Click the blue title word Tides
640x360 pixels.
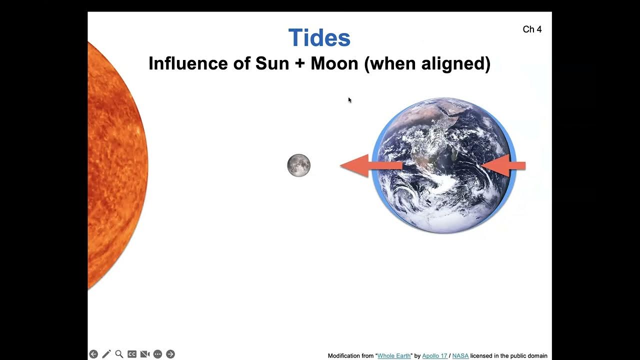(x=319, y=38)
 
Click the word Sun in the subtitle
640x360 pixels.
(x=272, y=64)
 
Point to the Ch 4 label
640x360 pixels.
(x=532, y=29)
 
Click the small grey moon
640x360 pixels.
(x=298, y=165)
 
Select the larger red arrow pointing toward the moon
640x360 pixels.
(x=370, y=165)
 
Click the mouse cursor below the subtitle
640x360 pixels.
(x=350, y=100)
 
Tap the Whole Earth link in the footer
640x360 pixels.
(x=393, y=355)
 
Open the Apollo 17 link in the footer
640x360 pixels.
(x=434, y=355)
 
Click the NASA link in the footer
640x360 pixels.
(x=460, y=355)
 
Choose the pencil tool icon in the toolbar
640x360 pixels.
(x=106, y=354)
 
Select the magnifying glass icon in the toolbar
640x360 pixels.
(x=119, y=354)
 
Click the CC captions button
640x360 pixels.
(x=132, y=354)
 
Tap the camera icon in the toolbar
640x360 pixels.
(x=145, y=354)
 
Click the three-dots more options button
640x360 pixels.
(x=157, y=354)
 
